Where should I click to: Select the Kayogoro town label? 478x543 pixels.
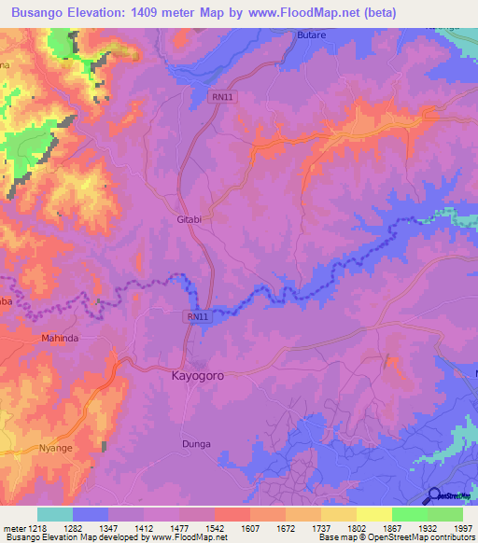pyautogui.click(x=198, y=376)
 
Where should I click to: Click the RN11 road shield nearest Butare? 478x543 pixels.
pyautogui.click(x=221, y=95)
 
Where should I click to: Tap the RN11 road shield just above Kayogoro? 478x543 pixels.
pyautogui.click(x=198, y=318)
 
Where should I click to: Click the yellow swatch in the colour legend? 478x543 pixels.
pyautogui.click(x=374, y=514)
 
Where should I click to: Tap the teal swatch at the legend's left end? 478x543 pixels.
pyautogui.click(x=55, y=514)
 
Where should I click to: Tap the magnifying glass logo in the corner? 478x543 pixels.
pyautogui.click(x=434, y=495)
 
